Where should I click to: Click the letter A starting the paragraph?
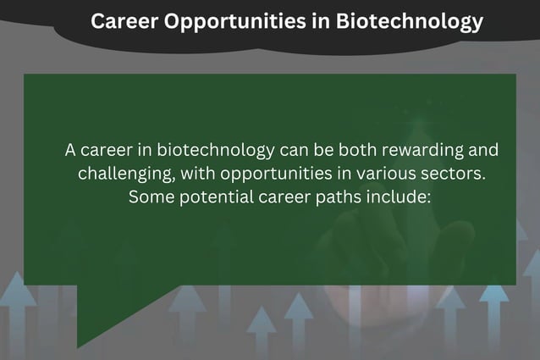point(72,150)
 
